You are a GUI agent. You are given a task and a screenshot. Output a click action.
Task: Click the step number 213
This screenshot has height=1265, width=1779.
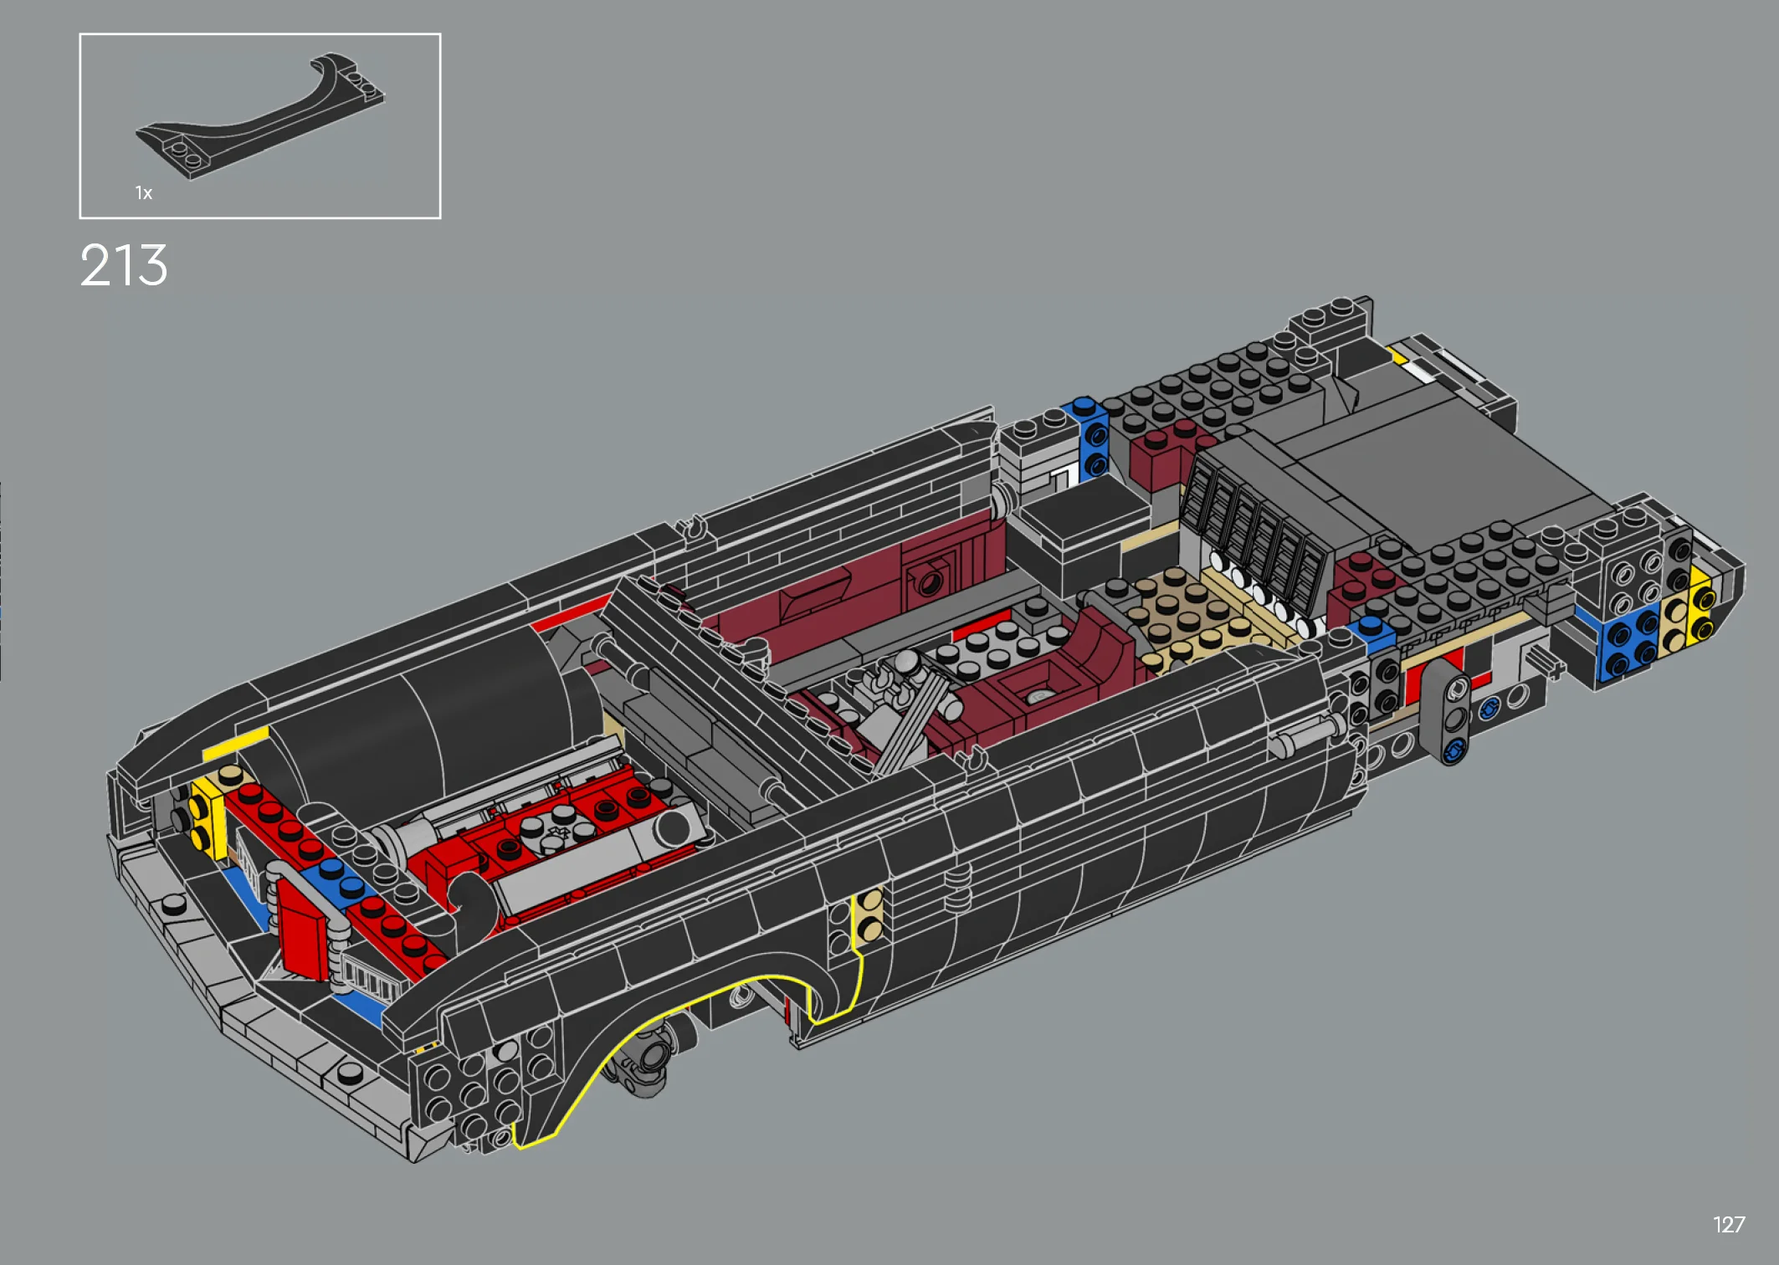(x=124, y=266)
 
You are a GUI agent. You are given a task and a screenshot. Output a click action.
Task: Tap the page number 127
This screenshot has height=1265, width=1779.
(x=1728, y=1225)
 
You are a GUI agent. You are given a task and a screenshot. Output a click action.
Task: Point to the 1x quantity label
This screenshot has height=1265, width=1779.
(x=144, y=193)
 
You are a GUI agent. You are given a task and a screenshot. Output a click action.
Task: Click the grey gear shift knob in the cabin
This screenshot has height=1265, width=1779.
(x=906, y=663)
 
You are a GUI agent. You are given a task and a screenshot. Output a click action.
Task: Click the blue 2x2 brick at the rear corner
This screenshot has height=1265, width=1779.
(x=1628, y=642)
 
